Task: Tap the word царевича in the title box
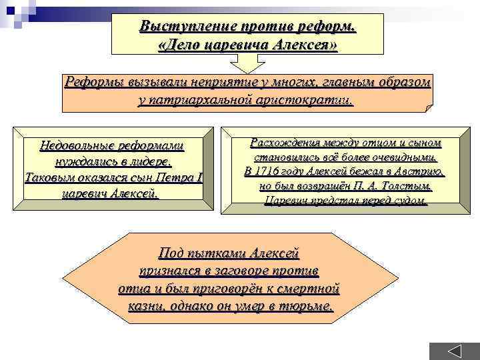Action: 221,45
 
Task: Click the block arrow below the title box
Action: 247,63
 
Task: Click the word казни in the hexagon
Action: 146,306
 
